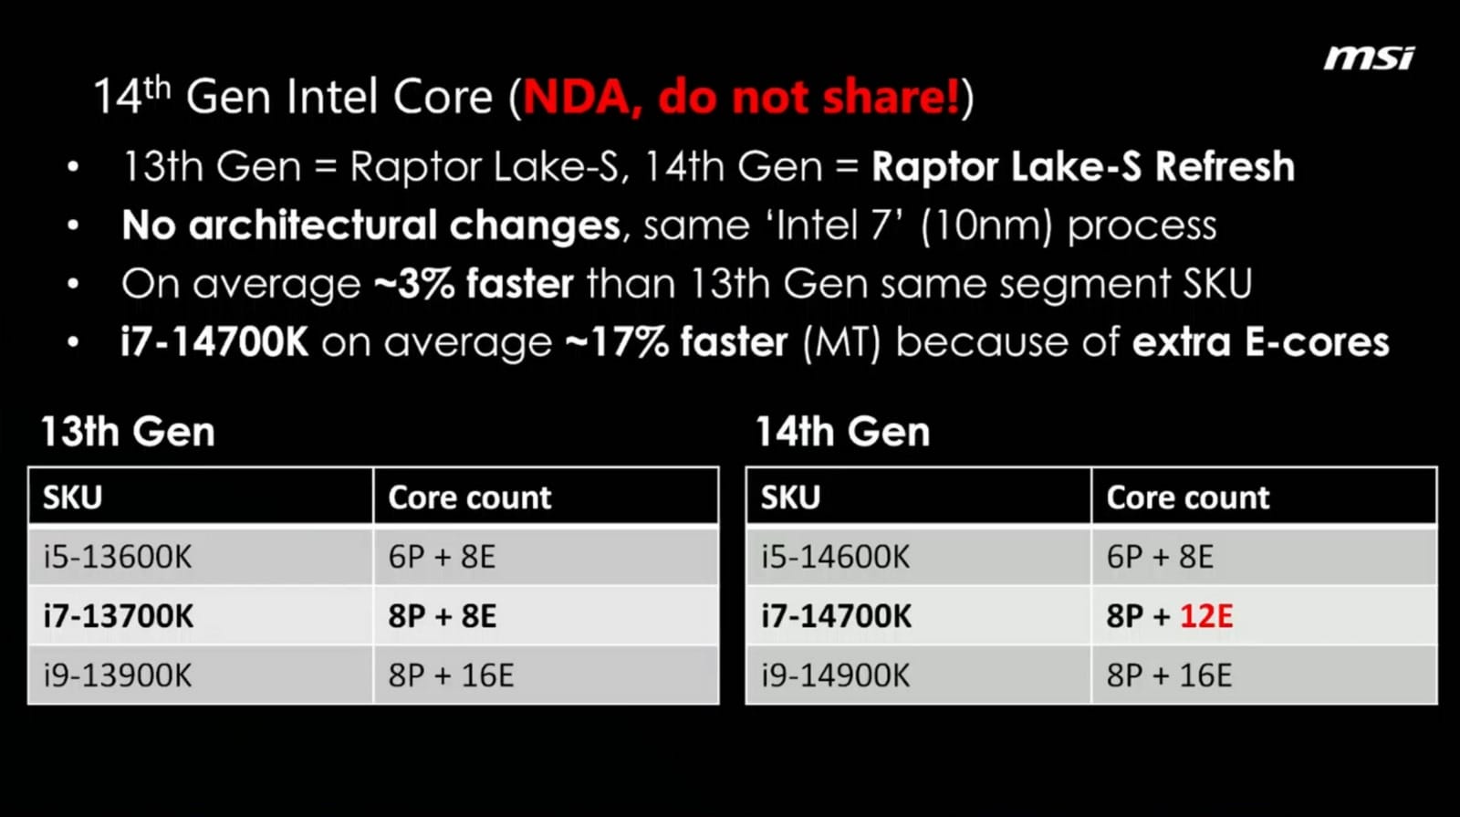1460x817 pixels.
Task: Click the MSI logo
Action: (1368, 58)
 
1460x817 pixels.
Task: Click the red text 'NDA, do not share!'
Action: (741, 97)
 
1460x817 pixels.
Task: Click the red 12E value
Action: (1205, 615)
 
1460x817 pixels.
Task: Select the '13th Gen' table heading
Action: (128, 431)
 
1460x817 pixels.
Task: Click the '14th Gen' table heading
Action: (842, 431)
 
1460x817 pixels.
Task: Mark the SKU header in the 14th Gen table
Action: (790, 497)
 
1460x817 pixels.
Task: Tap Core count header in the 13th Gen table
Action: (469, 497)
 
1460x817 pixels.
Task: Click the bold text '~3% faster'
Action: (474, 283)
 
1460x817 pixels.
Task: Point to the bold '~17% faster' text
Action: (676, 341)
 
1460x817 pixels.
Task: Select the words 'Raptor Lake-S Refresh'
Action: (1083, 166)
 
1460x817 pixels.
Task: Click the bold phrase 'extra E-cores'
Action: (1260, 341)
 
